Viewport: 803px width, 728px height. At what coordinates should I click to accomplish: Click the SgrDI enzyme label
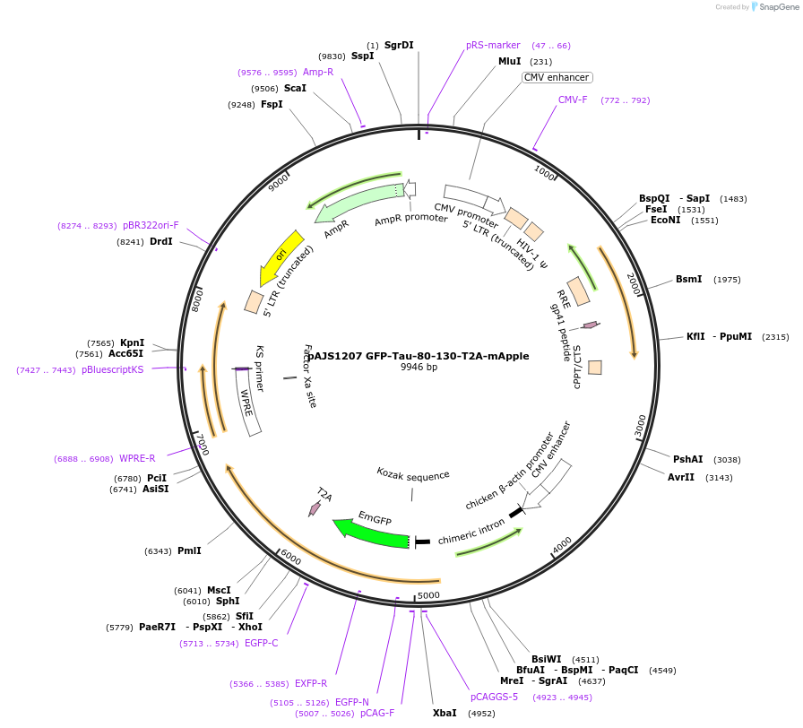tap(399, 45)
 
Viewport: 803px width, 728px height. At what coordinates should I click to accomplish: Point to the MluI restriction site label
tap(509, 62)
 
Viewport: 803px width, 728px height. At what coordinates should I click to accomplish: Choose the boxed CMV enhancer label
tap(557, 78)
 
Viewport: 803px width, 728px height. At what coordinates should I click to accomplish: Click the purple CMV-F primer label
tap(573, 100)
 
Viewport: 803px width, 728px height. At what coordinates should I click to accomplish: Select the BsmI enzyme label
tap(688, 280)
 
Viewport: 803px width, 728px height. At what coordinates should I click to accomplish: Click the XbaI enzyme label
tap(445, 714)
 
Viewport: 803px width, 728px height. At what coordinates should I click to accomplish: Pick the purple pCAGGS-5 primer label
tap(494, 697)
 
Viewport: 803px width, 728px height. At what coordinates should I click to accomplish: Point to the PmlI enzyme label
tap(189, 550)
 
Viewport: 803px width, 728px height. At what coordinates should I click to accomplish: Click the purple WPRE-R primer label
tap(137, 458)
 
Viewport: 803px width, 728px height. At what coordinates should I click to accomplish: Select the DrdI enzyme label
tap(161, 241)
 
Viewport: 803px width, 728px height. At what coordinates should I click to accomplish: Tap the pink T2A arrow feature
tap(315, 507)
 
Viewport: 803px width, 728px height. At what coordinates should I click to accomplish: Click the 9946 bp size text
tap(419, 368)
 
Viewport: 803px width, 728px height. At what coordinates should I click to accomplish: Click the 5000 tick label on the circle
tap(428, 594)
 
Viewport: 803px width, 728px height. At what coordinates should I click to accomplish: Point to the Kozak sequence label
tap(412, 475)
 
